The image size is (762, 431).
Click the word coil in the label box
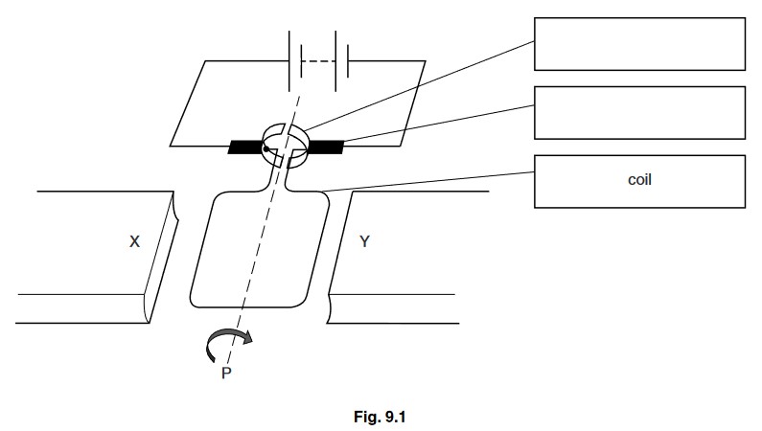coord(639,179)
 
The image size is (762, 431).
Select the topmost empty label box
coord(639,43)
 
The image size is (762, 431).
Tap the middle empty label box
coord(639,112)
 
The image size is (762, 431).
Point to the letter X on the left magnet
coord(135,243)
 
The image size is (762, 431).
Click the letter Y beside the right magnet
coord(364,242)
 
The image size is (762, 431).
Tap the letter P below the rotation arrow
coord(226,374)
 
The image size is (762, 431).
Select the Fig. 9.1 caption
coord(387,417)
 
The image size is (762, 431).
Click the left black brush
coord(246,147)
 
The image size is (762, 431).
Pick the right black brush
coord(326,147)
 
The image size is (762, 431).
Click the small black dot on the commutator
coord(266,148)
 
